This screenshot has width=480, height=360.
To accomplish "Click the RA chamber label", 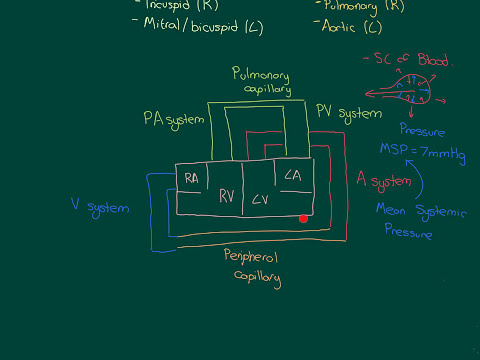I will [x=193, y=177].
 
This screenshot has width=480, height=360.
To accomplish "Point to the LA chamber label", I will [x=293, y=177].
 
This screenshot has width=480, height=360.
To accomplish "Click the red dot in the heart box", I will [x=303, y=218].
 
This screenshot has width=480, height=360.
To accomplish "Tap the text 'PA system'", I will [x=173, y=119].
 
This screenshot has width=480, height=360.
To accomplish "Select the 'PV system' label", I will [x=349, y=112].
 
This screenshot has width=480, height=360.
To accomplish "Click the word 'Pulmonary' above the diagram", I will [x=261, y=73].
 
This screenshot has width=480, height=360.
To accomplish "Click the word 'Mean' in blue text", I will [x=394, y=210].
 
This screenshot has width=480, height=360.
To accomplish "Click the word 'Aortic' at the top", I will [x=340, y=25].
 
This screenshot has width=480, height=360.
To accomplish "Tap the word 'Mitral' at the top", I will [x=164, y=25].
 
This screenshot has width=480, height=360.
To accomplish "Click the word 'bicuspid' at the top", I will [x=215, y=25].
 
